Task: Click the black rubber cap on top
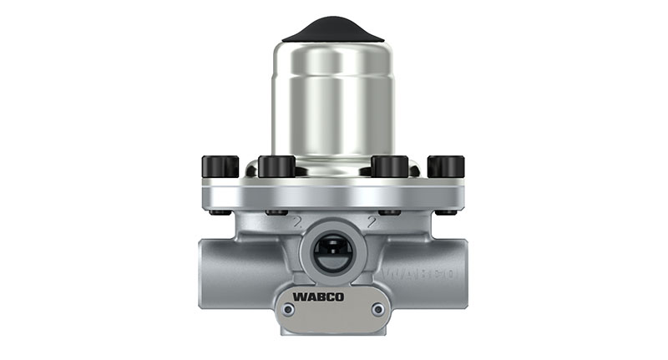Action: click(x=332, y=30)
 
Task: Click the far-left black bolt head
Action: click(x=220, y=166)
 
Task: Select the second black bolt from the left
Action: click(x=276, y=166)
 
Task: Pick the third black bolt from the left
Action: click(x=389, y=166)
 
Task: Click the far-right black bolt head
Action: click(x=446, y=166)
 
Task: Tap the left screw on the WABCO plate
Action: click(x=287, y=310)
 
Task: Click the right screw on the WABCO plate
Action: click(x=378, y=310)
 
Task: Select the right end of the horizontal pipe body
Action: click(x=460, y=271)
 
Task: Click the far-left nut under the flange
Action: click(x=220, y=212)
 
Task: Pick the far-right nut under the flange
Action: click(x=446, y=212)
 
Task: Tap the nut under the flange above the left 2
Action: click(x=276, y=212)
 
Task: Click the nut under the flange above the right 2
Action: click(x=389, y=212)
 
